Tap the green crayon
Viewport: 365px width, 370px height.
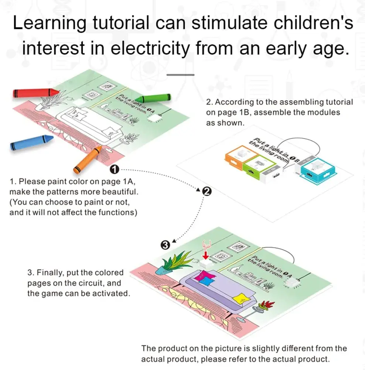click(x=155, y=98)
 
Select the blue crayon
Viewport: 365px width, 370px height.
click(x=31, y=142)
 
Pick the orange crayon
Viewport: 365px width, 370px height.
click(x=88, y=159)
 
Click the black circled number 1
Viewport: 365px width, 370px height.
click(x=115, y=169)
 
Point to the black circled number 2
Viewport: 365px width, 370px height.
click(x=207, y=191)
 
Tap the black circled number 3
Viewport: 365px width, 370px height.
click(x=166, y=245)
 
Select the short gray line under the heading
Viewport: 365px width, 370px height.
click(x=180, y=74)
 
